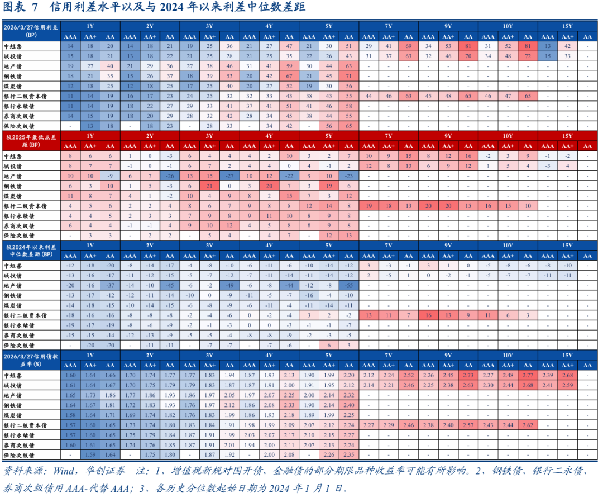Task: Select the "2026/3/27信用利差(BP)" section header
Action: tap(31, 30)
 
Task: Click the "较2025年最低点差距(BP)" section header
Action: tap(31, 140)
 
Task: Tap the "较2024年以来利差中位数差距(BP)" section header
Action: tap(31, 250)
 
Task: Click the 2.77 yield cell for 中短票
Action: tap(528, 375)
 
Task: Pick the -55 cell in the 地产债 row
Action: tap(348, 285)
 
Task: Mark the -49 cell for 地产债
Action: tap(229, 285)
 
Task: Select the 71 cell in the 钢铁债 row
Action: tap(348, 76)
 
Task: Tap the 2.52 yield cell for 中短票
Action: tap(408, 375)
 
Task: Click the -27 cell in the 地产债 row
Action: tap(229, 175)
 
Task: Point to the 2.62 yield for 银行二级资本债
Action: tap(528, 425)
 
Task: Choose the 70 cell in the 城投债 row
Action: tap(468, 56)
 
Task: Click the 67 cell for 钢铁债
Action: tap(289, 76)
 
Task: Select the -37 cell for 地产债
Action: tap(109, 285)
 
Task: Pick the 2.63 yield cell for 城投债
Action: tap(468, 385)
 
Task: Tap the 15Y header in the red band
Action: tap(567, 136)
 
